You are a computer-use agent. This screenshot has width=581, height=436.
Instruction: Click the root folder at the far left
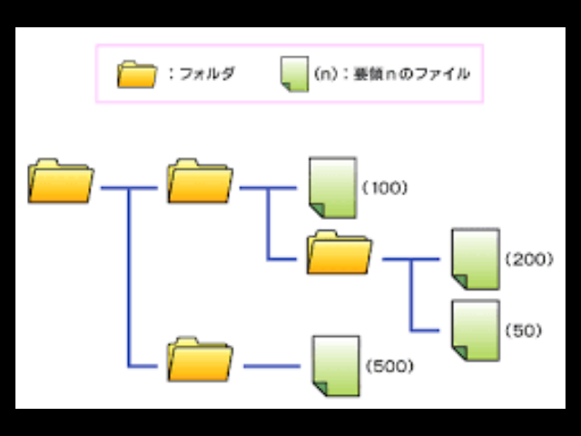[x=61, y=181]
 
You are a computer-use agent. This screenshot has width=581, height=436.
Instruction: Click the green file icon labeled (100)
[x=332, y=188]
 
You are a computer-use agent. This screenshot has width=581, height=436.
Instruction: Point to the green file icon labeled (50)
[x=475, y=329]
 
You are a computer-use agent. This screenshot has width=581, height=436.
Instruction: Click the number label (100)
[x=385, y=188]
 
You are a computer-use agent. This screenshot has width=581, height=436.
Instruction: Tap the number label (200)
[x=527, y=259]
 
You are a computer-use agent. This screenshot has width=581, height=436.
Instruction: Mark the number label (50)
[x=524, y=330]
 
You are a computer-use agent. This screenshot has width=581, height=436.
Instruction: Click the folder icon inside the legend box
[x=138, y=74]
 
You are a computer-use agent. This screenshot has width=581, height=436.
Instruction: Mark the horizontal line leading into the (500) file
[x=271, y=366]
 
